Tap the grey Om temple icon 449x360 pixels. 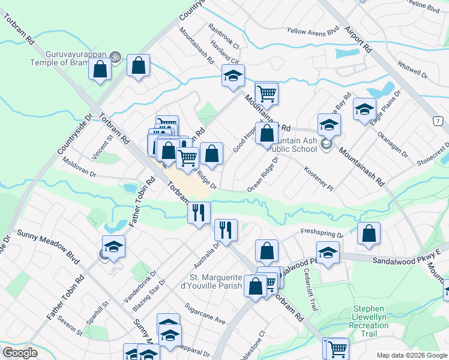click(115, 58)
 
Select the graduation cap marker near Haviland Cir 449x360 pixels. click(233, 76)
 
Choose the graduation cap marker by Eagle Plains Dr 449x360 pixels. click(364, 109)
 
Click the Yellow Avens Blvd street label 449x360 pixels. click(313, 31)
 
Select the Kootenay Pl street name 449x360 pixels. click(318, 179)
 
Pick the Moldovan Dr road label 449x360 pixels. click(79, 168)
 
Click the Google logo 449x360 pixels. click(20, 353)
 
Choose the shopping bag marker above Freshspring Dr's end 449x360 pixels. click(369, 233)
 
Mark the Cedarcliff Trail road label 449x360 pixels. click(309, 280)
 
